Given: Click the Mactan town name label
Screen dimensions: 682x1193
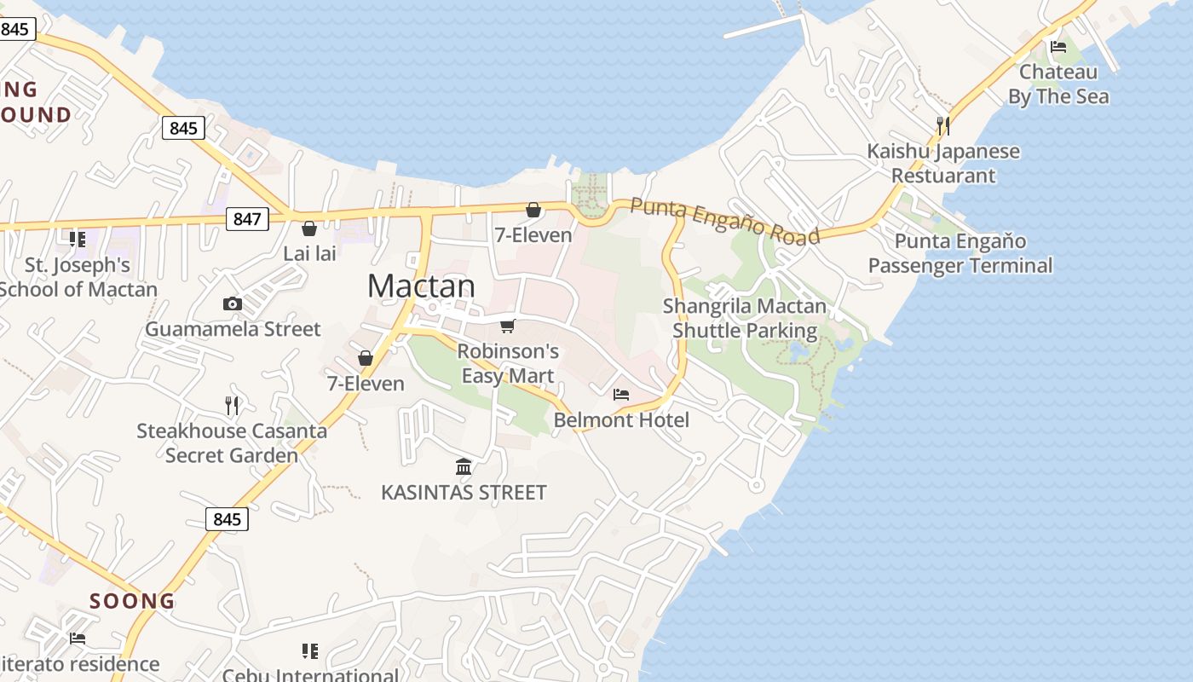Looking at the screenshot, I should coord(421,286).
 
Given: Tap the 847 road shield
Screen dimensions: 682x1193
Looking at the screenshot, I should coord(247,219).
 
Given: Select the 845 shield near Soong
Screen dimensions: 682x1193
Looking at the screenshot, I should coord(227,518).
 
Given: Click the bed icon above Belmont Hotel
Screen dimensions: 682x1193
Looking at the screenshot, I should coord(621,395).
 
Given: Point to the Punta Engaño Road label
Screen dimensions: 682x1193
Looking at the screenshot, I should coord(725,220).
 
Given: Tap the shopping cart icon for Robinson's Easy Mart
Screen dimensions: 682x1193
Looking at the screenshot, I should coord(508,326).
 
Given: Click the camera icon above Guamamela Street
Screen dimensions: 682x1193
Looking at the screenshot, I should coord(232,303).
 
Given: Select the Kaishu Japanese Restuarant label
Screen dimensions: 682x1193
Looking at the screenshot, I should coord(943,164).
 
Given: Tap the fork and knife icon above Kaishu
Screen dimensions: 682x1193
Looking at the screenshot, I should coord(942,126).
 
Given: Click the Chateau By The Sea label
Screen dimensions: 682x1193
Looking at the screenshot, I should coord(1058,84).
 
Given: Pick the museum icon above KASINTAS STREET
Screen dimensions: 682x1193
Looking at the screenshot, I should coord(464,466).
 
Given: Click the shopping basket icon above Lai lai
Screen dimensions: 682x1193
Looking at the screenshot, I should coord(309,228).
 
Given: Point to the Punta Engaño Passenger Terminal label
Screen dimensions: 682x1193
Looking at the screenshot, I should coord(960,253).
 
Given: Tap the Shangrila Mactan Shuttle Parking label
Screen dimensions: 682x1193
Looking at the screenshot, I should coord(745,318).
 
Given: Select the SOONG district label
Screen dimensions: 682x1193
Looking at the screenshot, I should coord(132,601).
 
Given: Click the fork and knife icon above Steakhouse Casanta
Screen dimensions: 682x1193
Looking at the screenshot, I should coord(232,405).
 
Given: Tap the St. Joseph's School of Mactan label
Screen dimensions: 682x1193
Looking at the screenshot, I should coord(78,277).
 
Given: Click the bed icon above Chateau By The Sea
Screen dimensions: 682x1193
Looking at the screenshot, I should coord(1058,47).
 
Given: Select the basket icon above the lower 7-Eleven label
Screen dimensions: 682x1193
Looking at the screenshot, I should coord(366,358).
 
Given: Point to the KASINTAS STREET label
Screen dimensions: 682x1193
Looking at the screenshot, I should coord(464,493).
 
